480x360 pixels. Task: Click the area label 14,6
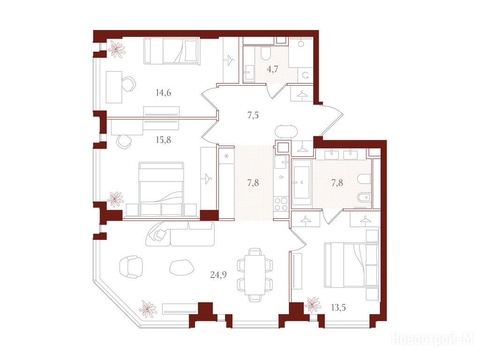pyautogui.click(x=163, y=92)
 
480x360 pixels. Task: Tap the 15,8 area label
pyautogui.click(x=163, y=140)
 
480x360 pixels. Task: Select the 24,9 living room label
pyautogui.click(x=218, y=275)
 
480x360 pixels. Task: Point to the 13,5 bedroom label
pyautogui.click(x=338, y=307)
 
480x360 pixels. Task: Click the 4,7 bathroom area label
pyautogui.click(x=272, y=69)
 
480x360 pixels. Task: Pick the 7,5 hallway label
pyautogui.click(x=253, y=115)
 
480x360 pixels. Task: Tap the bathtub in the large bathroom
pyautogui.click(x=302, y=183)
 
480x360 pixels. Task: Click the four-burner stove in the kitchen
pyautogui.click(x=281, y=204)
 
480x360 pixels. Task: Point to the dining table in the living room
pyautogui.click(x=255, y=275)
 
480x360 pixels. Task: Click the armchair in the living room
pyautogui.click(x=131, y=267)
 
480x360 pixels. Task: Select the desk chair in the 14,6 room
pyautogui.click(x=129, y=83)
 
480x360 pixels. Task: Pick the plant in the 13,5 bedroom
pyautogui.click(x=313, y=305)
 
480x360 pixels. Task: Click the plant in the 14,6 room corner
pyautogui.click(x=116, y=49)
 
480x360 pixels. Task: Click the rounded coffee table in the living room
pyautogui.click(x=181, y=267)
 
